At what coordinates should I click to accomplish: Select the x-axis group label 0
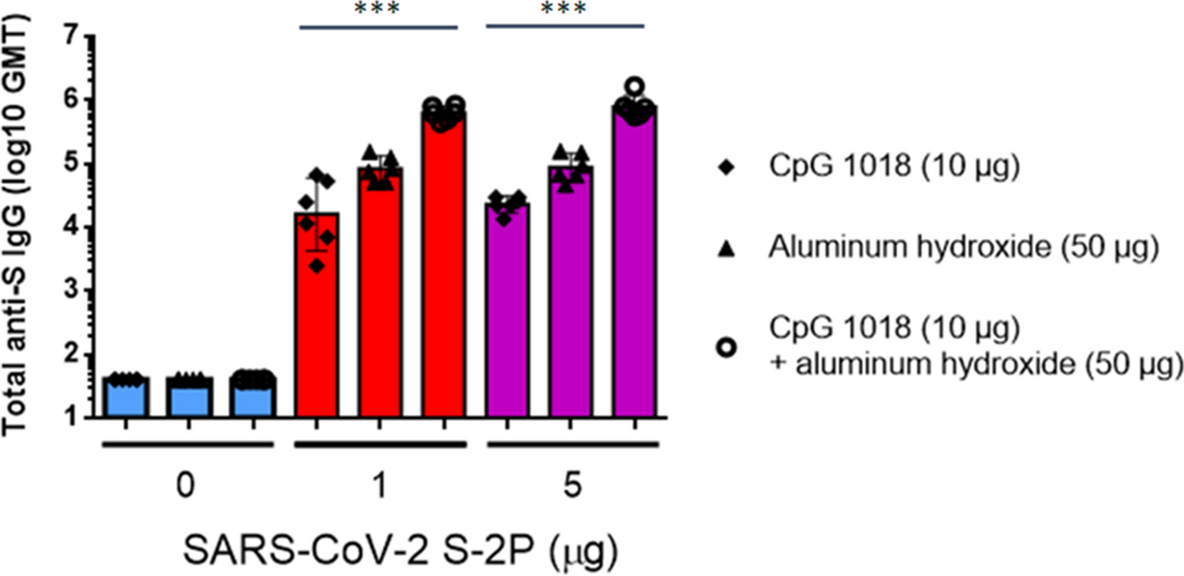pos(188,486)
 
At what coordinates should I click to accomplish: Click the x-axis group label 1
pos(379,486)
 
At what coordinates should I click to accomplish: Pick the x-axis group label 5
pos(569,486)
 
